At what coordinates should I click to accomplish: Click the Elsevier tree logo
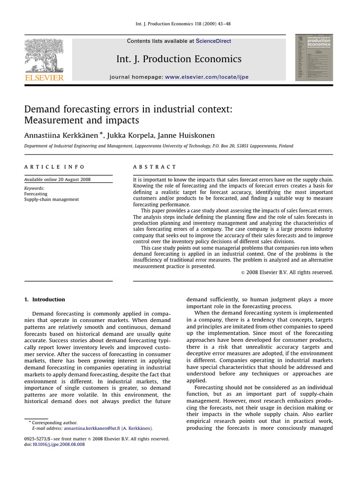(x=44, y=54)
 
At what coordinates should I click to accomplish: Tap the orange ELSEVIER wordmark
(x=44, y=77)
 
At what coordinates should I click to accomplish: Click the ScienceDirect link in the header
(x=213, y=41)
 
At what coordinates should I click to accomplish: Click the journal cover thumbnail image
(x=314, y=58)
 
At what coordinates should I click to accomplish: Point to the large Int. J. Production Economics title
(x=179, y=59)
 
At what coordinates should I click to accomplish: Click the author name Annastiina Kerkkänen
(x=61, y=135)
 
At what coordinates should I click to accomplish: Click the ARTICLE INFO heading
(x=54, y=167)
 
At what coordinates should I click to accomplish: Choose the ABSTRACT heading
(x=155, y=167)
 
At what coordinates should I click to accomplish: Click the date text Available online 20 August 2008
(x=58, y=180)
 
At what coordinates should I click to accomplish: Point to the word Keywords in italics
(x=34, y=188)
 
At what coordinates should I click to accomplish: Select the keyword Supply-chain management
(x=52, y=199)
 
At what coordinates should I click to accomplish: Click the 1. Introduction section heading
(x=45, y=300)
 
